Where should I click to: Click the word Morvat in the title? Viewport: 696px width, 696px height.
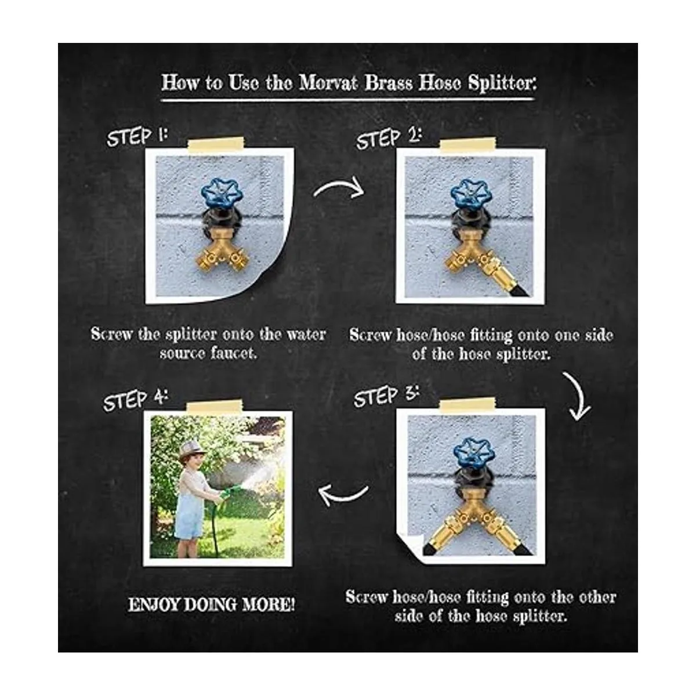coord(328,83)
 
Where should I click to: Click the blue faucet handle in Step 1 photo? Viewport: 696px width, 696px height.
coord(222,194)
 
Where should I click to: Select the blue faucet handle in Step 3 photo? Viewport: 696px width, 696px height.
coord(473,452)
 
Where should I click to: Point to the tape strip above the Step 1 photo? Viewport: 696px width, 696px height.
coord(216,144)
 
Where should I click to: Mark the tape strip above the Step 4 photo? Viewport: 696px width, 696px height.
coord(215,407)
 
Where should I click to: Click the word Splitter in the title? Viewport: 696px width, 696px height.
coord(502,84)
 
